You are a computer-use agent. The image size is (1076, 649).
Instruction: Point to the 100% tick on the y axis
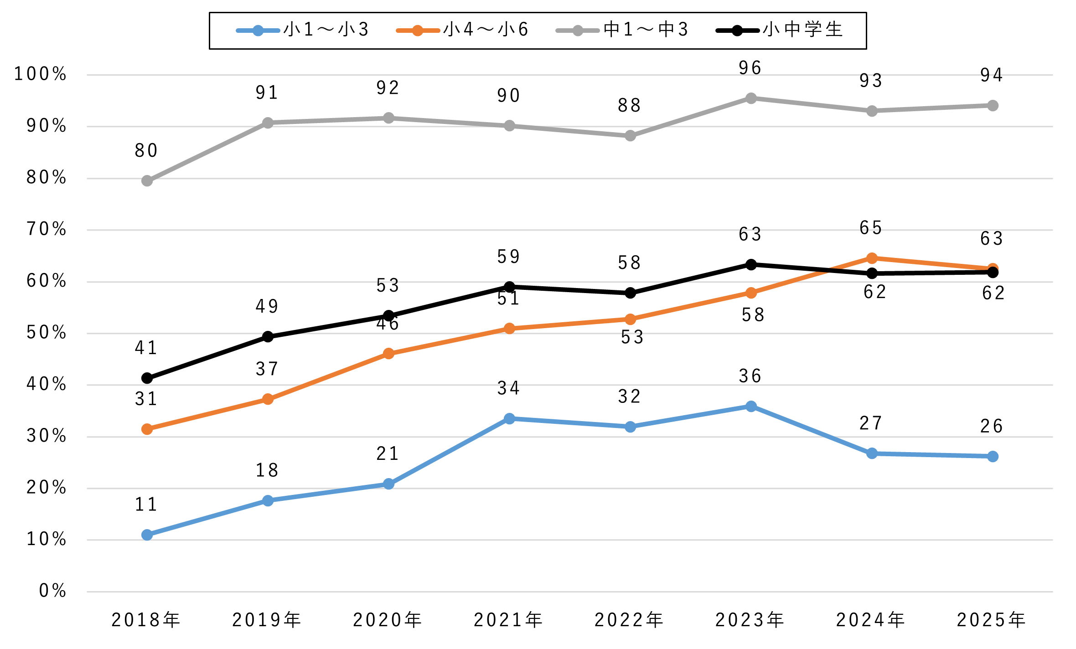(x=41, y=74)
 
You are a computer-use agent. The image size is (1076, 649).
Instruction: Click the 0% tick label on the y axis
(x=53, y=591)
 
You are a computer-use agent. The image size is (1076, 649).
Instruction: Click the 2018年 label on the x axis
(x=146, y=620)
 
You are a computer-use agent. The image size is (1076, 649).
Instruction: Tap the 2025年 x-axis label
(x=992, y=620)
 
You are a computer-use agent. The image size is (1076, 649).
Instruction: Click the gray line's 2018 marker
(x=147, y=181)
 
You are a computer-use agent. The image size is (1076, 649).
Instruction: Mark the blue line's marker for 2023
(x=751, y=406)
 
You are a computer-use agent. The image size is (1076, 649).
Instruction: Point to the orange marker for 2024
(x=872, y=258)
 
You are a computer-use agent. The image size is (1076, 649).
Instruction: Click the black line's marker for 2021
(x=510, y=287)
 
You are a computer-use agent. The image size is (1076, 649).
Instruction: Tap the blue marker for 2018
(x=147, y=535)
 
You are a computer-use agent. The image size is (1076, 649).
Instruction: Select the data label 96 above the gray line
(x=750, y=68)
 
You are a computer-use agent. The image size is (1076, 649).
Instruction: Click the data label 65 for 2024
(x=871, y=228)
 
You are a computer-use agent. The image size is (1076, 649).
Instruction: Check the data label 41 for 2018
(x=146, y=348)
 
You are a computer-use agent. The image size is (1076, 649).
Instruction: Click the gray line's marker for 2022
(x=630, y=136)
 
